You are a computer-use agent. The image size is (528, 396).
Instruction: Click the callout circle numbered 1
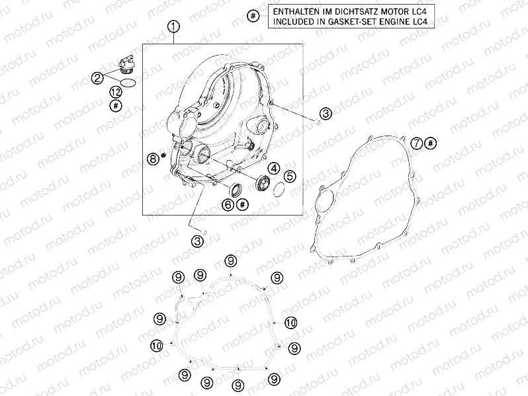point(173,26)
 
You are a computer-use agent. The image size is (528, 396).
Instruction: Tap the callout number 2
point(98,79)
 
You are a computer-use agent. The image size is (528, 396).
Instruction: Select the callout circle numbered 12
point(116,92)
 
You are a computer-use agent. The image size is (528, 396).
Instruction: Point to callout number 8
point(154,158)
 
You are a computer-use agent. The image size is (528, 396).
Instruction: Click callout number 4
point(274,168)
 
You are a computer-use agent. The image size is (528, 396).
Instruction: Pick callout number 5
point(290,177)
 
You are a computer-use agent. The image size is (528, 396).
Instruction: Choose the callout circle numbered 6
point(228,204)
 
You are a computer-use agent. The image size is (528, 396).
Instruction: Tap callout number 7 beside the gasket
point(417,143)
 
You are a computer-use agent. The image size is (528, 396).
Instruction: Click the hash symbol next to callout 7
point(430,143)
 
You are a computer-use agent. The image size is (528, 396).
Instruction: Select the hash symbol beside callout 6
point(242,204)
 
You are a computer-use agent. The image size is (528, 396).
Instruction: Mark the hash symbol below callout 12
point(116,106)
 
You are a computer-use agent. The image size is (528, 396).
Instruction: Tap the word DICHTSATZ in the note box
point(357,11)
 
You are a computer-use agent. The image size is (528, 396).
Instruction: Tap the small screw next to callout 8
point(164,155)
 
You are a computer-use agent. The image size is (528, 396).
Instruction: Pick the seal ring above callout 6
point(236,190)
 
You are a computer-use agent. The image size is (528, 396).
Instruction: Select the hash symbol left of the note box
point(253,16)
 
